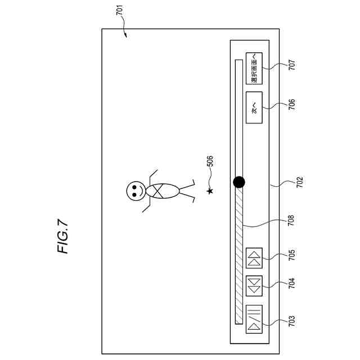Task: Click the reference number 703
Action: [291, 322]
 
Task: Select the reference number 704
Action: [291, 283]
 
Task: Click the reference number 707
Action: [291, 65]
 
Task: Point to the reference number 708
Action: [291, 221]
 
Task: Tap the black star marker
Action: [210, 192]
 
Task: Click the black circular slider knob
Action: [239, 182]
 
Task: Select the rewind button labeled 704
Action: [254, 285]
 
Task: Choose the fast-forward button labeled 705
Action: [254, 258]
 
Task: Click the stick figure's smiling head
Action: [135, 191]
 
